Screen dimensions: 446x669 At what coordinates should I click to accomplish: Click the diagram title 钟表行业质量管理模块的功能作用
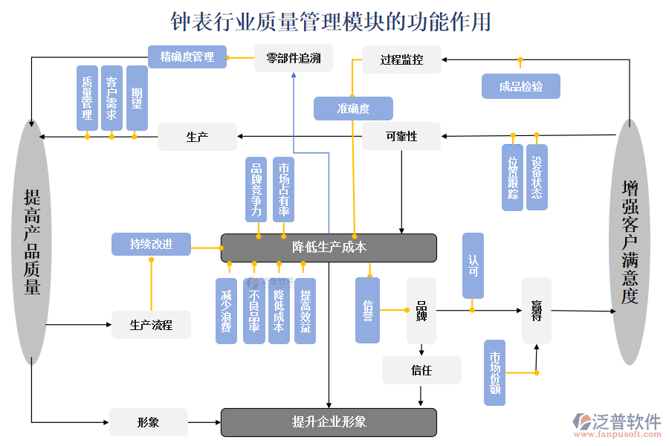[332, 22]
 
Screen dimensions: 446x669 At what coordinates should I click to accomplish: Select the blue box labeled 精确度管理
[187, 57]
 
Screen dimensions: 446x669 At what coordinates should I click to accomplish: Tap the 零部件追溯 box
[294, 58]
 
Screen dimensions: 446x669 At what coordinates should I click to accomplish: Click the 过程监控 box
[401, 59]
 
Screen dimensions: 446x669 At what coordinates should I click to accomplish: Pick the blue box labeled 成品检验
[520, 86]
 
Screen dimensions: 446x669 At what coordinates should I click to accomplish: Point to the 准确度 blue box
[353, 109]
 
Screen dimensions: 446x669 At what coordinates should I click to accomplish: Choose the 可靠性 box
[401, 136]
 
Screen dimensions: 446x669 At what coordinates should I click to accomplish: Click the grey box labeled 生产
[197, 137]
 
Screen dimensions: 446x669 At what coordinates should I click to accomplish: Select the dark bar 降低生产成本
[329, 248]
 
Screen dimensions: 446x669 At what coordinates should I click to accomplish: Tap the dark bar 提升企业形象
[329, 422]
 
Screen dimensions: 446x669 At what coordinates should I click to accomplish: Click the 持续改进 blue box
[151, 244]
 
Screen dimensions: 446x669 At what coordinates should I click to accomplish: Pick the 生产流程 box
[151, 325]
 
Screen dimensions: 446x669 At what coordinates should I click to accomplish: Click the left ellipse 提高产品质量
[32, 242]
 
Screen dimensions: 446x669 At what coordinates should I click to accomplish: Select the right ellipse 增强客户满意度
[630, 242]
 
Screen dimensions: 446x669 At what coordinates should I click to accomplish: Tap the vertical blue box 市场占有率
[283, 190]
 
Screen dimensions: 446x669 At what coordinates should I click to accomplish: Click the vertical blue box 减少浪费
[227, 311]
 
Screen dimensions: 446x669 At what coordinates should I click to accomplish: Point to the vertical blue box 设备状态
[537, 177]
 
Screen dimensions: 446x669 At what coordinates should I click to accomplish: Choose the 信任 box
[421, 369]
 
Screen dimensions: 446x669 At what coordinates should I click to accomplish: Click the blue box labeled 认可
[473, 265]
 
